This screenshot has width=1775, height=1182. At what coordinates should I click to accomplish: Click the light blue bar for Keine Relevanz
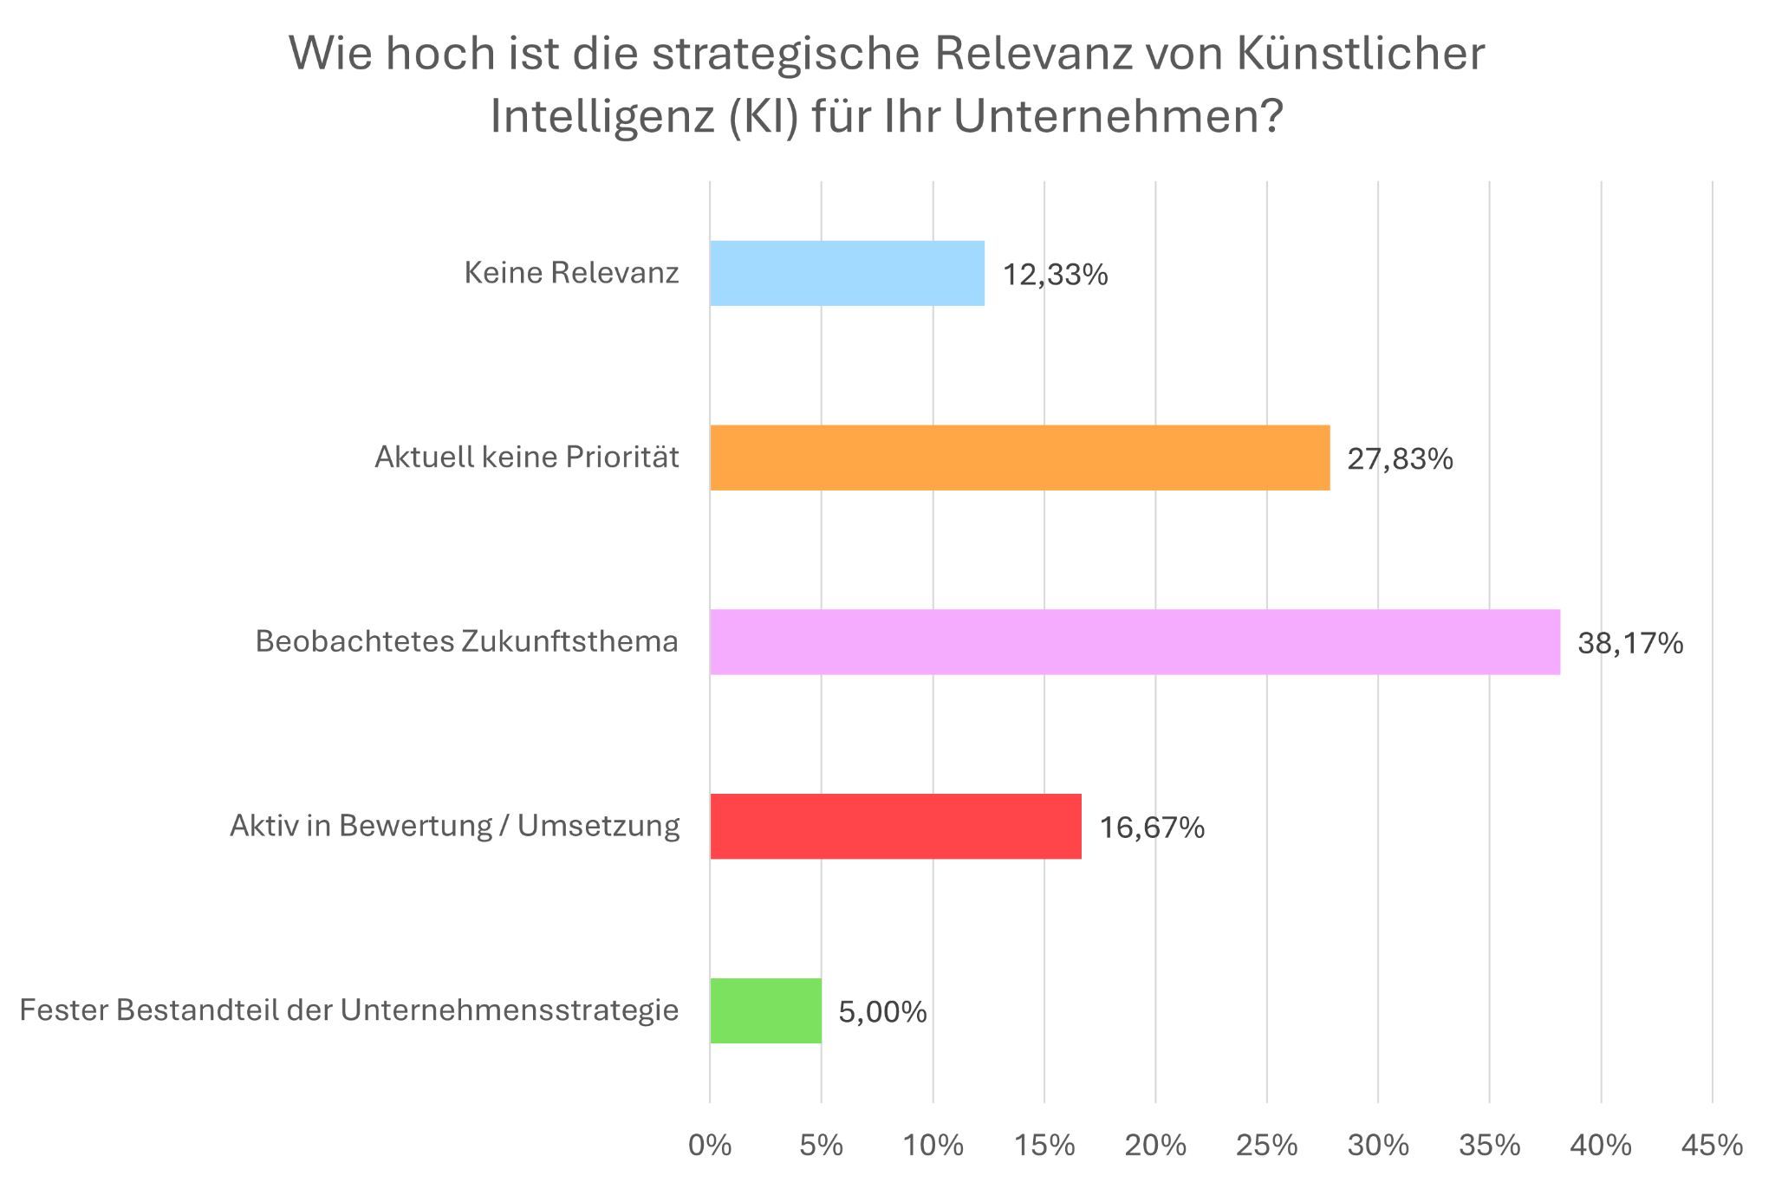[847, 273]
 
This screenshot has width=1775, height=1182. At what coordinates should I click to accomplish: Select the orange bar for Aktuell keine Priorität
[1019, 458]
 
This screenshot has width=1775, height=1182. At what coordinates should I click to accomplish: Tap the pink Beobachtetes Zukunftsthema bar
[1135, 642]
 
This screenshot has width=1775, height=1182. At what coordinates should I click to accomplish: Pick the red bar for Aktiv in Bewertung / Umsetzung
[895, 827]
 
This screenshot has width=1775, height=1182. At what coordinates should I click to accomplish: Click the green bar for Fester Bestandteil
[765, 1011]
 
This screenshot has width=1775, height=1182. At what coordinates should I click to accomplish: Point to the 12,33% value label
[1055, 275]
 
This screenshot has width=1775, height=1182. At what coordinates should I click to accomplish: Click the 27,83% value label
[1399, 459]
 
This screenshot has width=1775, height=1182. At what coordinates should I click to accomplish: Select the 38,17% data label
[1629, 644]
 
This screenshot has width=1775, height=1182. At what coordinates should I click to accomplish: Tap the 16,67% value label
[1151, 828]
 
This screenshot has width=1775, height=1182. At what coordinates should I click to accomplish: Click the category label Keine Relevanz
[571, 273]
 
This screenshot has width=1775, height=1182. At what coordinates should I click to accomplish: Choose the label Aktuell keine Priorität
[526, 458]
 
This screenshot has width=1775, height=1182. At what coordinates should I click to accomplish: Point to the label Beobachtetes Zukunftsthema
[466, 642]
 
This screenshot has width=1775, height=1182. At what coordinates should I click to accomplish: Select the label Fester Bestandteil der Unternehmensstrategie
[348, 1011]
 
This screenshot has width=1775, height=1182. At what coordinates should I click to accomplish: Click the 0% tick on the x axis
[710, 1146]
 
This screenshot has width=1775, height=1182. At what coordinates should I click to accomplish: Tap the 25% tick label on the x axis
[1266, 1146]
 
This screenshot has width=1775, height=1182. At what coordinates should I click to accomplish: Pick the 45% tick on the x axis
[1712, 1146]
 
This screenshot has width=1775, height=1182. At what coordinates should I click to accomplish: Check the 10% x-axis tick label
[933, 1146]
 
